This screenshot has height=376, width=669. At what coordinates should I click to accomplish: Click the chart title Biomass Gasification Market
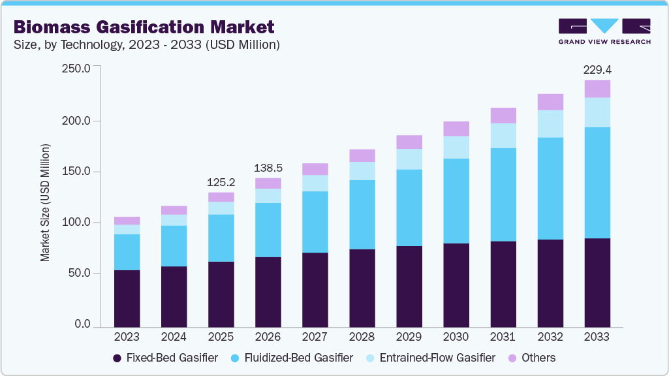(x=144, y=27)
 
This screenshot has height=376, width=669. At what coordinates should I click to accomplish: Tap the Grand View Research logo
(x=604, y=31)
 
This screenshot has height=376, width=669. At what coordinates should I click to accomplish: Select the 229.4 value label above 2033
(x=597, y=69)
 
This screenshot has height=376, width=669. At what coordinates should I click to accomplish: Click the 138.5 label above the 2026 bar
(x=268, y=168)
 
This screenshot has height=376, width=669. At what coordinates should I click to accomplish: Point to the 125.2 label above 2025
(x=221, y=181)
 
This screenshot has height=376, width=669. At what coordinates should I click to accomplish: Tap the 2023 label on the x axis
(x=127, y=337)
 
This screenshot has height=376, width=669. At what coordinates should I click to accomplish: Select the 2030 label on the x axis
(x=456, y=337)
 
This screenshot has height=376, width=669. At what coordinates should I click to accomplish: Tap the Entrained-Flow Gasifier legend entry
(x=431, y=358)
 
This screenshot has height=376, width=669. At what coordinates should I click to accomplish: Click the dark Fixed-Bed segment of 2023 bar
(x=127, y=298)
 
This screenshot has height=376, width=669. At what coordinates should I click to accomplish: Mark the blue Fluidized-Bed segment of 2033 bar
(x=597, y=182)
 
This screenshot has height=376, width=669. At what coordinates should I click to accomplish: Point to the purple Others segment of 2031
(x=503, y=116)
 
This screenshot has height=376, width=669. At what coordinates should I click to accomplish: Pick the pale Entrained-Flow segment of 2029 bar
(x=409, y=159)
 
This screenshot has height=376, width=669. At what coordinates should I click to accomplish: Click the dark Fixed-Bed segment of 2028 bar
(x=362, y=287)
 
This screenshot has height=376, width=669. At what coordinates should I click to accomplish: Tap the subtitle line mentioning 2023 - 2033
(x=147, y=45)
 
